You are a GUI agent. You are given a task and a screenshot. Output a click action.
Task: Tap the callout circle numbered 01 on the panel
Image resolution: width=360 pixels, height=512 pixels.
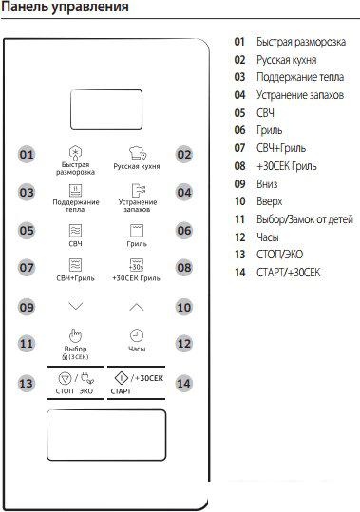(x=27, y=155)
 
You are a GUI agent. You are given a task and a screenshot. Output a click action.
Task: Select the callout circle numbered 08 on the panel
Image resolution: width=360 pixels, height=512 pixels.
(x=184, y=269)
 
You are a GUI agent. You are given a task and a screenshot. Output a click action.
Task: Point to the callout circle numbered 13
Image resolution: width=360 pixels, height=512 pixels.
(x=27, y=383)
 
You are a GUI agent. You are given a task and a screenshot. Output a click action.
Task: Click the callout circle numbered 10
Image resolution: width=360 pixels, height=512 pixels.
(x=184, y=307)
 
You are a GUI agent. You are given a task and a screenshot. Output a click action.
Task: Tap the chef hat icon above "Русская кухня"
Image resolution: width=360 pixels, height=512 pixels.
(x=137, y=153)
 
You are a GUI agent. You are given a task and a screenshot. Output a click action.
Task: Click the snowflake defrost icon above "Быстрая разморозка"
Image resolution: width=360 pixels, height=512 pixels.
(x=76, y=152)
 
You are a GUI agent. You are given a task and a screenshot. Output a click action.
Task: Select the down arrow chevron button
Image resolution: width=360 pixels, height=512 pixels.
(x=76, y=307)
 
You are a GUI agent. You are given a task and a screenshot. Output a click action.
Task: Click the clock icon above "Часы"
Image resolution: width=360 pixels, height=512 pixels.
(x=137, y=335)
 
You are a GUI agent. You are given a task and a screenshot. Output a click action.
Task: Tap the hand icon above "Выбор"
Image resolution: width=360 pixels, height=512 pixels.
(x=76, y=334)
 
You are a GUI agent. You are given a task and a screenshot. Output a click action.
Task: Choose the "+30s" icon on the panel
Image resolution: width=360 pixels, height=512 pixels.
(x=137, y=266)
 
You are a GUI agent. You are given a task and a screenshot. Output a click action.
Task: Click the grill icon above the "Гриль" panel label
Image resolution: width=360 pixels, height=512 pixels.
(x=137, y=230)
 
